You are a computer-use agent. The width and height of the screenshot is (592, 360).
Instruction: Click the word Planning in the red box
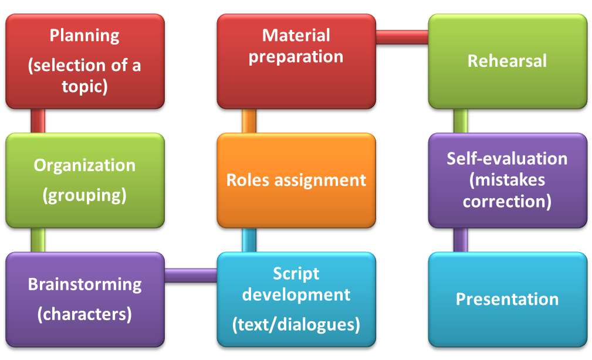(85, 36)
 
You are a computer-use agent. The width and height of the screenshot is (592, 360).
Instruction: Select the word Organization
(84, 165)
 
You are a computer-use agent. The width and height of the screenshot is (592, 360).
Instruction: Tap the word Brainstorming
(85, 285)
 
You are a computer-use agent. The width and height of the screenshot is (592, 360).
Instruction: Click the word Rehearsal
(507, 60)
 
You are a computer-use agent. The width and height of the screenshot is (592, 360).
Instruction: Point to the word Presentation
(507, 299)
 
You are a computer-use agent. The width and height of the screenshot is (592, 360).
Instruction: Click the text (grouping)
(84, 195)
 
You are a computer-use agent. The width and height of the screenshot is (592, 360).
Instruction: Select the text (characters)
(84, 314)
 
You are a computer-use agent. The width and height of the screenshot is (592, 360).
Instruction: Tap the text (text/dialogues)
(296, 323)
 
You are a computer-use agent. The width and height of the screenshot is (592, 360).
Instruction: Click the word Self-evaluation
(507, 158)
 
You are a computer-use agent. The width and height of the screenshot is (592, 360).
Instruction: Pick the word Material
(296, 35)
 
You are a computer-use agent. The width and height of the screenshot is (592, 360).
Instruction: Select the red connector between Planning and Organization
(38, 121)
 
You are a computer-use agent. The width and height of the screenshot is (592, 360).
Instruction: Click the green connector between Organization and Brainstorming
(38, 240)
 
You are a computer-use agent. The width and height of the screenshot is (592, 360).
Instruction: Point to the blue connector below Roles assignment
(249, 240)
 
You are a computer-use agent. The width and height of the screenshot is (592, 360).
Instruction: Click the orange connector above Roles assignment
(249, 121)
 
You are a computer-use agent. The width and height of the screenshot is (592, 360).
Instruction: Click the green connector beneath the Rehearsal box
(461, 121)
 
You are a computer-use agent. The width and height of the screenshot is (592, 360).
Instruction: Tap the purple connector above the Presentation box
(461, 240)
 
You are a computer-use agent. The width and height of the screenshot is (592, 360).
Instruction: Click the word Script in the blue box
(296, 273)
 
